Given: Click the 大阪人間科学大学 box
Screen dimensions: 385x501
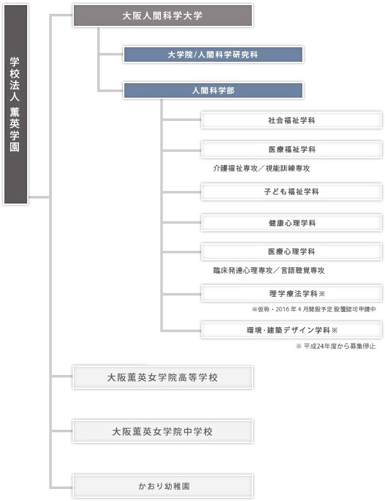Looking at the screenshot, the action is coord(163,15).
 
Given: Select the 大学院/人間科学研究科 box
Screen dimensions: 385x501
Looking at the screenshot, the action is coord(213,55).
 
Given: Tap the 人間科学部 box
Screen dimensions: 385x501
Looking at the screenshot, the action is coord(213,90).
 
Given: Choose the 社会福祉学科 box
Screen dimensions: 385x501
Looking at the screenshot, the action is coord(292,120).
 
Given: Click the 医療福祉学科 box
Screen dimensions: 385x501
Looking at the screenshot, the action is coord(292,149).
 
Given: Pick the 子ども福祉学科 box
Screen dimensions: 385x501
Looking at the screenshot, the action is coord(292,192).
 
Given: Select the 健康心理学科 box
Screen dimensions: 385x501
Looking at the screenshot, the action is coord(292,222).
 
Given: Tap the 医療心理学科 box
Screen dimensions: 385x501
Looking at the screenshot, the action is coord(292,251).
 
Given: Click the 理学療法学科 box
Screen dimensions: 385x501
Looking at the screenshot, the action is coord(292,293).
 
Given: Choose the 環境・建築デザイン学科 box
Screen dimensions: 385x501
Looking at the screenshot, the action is coord(292,330).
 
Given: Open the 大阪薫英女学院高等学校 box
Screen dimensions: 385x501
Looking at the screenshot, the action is coord(163,377).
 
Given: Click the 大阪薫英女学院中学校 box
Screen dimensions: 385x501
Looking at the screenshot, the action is coord(163,431).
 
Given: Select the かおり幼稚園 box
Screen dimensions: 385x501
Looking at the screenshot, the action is coord(163,487).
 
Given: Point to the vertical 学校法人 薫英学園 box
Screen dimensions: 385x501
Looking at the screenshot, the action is coord(15,104).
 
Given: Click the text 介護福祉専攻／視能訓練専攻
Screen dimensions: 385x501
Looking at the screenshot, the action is coord(261,168).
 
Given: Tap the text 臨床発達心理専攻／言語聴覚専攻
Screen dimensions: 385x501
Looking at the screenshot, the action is coord(269,270).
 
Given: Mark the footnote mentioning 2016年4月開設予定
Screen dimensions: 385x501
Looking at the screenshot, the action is coord(314,309).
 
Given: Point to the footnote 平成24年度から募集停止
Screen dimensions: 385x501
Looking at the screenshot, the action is coord(335,346).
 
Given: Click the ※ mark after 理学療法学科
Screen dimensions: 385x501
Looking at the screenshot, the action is coord(322,293).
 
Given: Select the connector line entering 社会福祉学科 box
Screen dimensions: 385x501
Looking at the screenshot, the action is coord(182,120).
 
